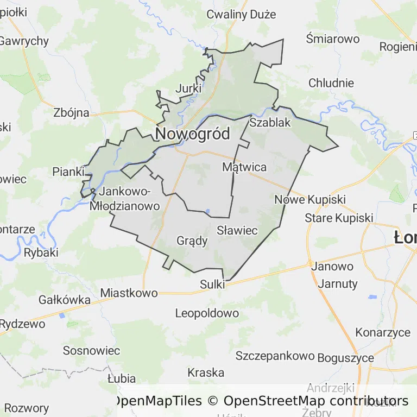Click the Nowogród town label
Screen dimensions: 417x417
(193, 134)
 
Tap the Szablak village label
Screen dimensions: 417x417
(270, 123)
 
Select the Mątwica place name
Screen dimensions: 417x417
(244, 167)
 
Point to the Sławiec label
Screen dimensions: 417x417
(237, 230)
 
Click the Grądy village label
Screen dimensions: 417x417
(192, 241)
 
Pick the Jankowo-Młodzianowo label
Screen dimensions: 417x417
(125, 199)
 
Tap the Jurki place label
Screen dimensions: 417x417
(189, 88)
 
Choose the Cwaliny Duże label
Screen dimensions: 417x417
(241, 15)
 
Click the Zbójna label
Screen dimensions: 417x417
(71, 113)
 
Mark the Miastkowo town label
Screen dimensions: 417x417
(129, 293)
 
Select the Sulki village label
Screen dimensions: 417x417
(212, 284)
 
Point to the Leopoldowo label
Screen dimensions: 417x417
(207, 313)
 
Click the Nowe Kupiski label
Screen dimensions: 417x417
(310, 199)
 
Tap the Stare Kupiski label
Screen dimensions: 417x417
(339, 218)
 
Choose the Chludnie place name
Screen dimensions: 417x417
(331, 83)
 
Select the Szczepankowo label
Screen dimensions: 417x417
(275, 356)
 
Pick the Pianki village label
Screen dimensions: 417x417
(68, 172)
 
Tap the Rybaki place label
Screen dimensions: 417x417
(41, 252)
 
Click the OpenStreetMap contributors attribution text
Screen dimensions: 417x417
(316, 401)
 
